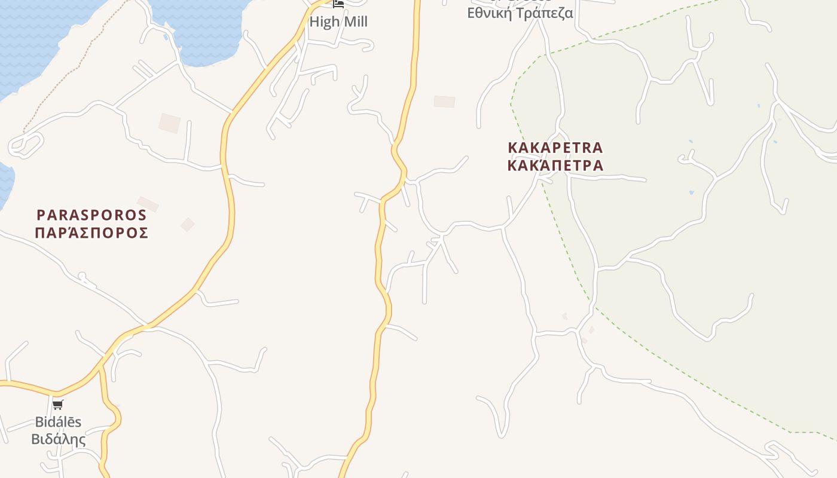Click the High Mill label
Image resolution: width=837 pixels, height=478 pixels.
pyautogui.click(x=338, y=22)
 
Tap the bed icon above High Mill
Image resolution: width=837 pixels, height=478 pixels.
pyautogui.click(x=338, y=4)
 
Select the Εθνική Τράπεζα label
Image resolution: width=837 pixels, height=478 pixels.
pyautogui.click(x=520, y=13)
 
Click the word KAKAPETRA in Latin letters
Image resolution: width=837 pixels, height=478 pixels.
pyautogui.click(x=555, y=147)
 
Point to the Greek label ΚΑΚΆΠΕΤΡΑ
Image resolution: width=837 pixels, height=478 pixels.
pyautogui.click(x=555, y=165)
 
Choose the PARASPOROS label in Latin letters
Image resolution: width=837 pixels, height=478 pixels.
pyautogui.click(x=91, y=215)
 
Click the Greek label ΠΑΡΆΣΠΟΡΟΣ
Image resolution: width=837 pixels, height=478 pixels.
pyautogui.click(x=91, y=232)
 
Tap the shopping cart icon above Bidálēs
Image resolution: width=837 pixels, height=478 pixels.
pyautogui.click(x=58, y=405)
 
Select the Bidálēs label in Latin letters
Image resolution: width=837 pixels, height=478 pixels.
pyautogui.click(x=58, y=422)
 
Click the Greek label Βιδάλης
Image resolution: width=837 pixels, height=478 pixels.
pyautogui.click(x=58, y=439)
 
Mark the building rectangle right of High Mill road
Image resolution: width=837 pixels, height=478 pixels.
pyautogui.click(x=444, y=102)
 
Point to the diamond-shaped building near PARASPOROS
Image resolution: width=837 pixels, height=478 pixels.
pyautogui.click(x=188, y=225)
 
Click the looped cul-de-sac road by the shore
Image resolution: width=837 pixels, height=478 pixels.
pyautogui.click(x=26, y=145)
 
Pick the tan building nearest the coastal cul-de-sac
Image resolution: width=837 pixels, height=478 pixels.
pyautogui.click(x=169, y=123)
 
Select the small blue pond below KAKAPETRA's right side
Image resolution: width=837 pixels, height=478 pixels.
pyautogui.click(x=692, y=192)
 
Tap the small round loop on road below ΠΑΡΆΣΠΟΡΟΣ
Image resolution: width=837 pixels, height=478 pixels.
pyautogui.click(x=83, y=277)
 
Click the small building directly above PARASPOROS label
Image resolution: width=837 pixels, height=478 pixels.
pyautogui.click(x=148, y=204)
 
